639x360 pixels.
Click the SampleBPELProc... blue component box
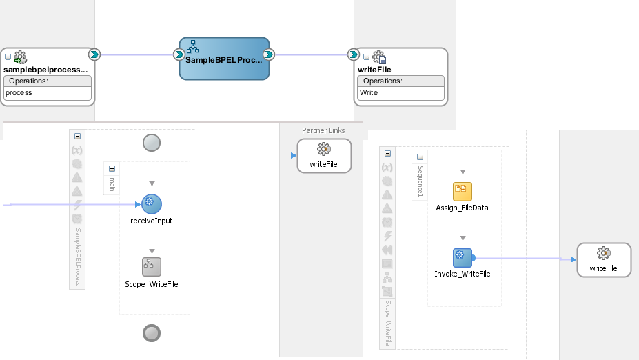pos(224,59)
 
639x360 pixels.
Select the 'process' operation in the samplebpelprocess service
pos(19,93)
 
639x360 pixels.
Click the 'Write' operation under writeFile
pos(369,93)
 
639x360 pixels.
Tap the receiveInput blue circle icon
pos(152,204)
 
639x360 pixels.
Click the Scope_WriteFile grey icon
pos(152,267)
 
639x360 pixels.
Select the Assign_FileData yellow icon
pos(463,192)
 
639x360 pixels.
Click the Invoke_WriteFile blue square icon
pos(463,258)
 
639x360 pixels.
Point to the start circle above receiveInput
pos(152,143)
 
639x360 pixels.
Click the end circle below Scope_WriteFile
pos(152,333)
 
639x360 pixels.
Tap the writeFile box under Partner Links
pos(324,156)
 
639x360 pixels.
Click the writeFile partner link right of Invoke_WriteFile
pos(604,260)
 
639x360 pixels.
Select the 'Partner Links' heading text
pos(323,130)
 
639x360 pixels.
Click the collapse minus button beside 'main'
pos(112,168)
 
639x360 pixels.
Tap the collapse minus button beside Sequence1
pos(420,157)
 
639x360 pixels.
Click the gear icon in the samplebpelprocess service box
pos(20,57)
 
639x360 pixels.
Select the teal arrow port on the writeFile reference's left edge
pos(354,54)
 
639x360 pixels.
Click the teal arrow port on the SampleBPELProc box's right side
pos(269,54)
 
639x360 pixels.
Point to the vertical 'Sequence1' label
pos(420,181)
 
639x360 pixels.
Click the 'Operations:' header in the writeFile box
pos(383,81)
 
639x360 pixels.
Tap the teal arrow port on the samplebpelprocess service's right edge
pos(94,54)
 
